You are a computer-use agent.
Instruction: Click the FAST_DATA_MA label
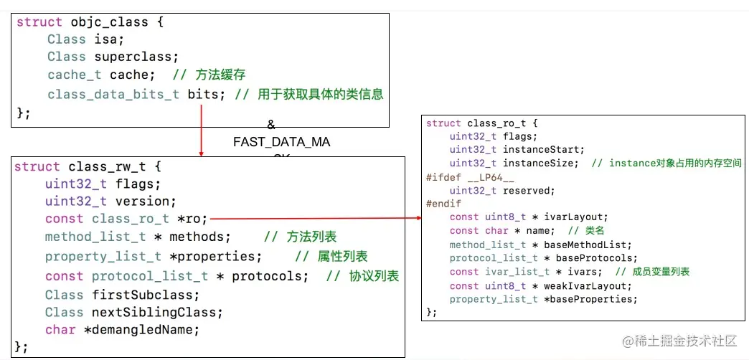(x=281, y=142)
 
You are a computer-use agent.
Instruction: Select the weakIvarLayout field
(x=577, y=285)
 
